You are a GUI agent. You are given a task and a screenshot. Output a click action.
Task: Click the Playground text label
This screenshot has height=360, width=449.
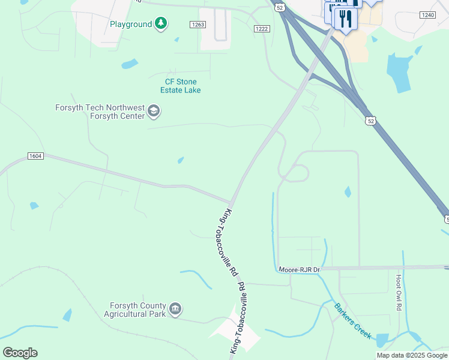tap(131, 24)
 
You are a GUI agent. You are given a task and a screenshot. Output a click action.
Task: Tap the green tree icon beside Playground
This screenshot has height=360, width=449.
tap(160, 23)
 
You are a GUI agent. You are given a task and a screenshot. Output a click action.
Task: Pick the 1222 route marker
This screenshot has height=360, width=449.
tap(262, 29)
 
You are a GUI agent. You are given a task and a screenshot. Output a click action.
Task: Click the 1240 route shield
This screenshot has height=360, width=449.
tap(427, 14)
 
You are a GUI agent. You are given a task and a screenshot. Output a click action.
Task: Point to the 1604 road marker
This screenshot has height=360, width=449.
tap(35, 156)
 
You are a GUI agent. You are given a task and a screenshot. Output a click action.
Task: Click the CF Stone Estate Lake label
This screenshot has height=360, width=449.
tap(181, 86)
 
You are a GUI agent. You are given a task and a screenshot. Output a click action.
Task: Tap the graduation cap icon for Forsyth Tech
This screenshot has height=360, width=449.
tap(154, 111)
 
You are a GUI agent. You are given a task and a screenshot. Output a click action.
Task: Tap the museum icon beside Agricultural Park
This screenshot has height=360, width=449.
tap(175, 309)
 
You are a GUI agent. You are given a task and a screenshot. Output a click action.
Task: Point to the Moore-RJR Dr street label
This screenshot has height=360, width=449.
tap(300, 271)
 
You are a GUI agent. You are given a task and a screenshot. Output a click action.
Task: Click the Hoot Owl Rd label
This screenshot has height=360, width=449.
tap(399, 293)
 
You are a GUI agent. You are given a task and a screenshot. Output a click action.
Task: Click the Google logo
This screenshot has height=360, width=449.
tap(20, 353)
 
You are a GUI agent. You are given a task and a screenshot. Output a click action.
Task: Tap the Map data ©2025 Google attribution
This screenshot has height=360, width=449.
tap(412, 355)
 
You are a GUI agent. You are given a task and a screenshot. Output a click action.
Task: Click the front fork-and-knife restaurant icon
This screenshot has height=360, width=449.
tap(345, 19)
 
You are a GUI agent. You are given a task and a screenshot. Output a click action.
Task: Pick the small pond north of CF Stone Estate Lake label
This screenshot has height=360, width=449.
tap(129, 64)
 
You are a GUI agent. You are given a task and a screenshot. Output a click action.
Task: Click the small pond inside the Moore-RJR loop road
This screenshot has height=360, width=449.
tap(348, 192)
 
